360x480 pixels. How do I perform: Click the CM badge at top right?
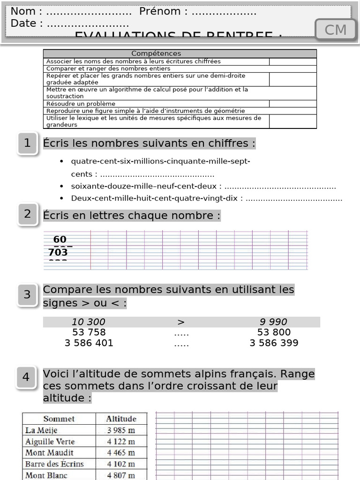(x=336, y=30)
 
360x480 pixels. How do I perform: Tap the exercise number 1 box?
(x=27, y=143)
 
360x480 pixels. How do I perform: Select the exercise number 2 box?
(x=28, y=214)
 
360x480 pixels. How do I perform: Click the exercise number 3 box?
(x=27, y=295)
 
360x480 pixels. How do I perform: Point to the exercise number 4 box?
(x=26, y=377)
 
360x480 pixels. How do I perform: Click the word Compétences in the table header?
(x=156, y=54)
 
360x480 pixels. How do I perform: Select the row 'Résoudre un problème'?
(x=81, y=104)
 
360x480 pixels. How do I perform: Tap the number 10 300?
(x=89, y=322)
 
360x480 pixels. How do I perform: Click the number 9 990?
(x=273, y=322)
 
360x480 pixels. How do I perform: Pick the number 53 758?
(x=89, y=332)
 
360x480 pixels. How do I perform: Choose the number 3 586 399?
(x=274, y=343)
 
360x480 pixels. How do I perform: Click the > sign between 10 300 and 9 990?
(x=181, y=322)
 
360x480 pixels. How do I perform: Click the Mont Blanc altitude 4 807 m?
(x=121, y=475)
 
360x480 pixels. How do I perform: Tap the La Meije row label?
(x=42, y=430)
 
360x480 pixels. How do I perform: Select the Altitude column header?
(x=121, y=419)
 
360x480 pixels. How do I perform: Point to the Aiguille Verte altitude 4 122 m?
(x=121, y=441)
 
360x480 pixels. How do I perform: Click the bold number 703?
(x=58, y=253)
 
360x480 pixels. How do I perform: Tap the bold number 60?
(x=60, y=240)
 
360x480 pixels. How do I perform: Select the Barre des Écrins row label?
(x=54, y=464)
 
